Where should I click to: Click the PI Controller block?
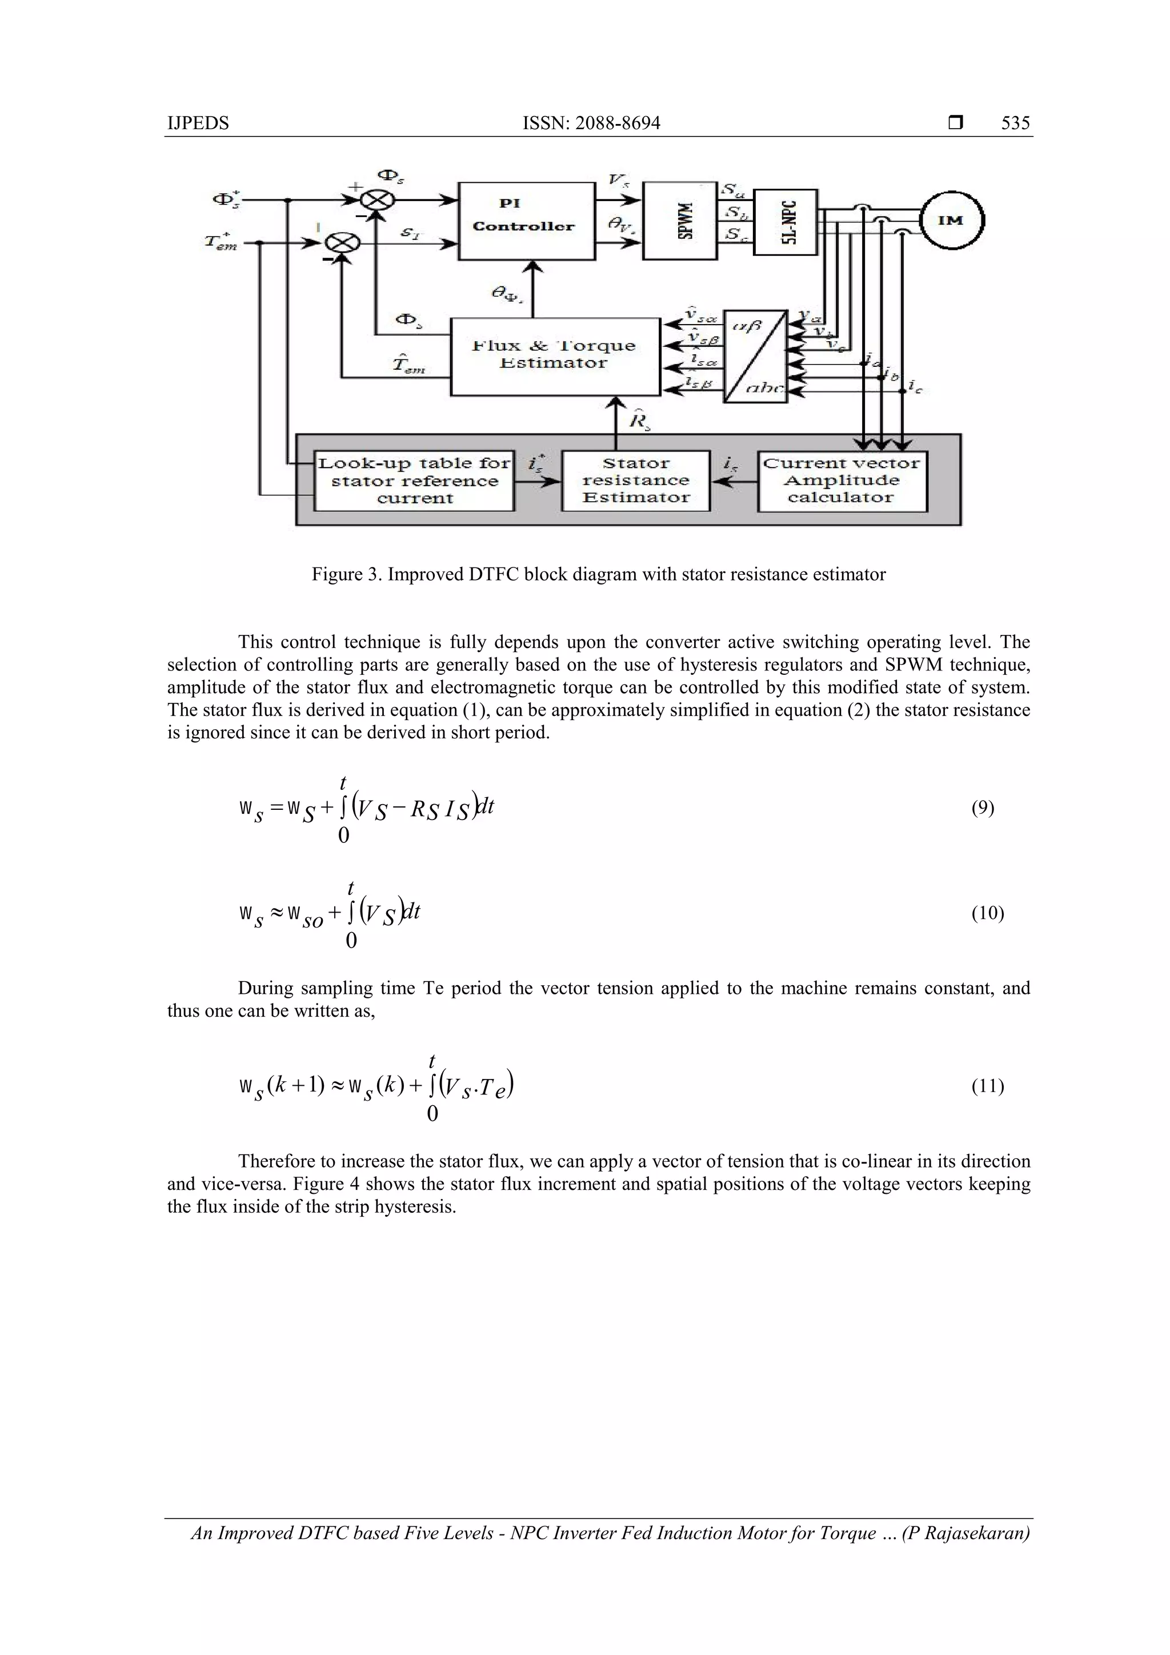tap(527, 221)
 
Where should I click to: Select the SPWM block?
tap(679, 221)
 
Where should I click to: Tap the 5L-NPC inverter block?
tap(786, 222)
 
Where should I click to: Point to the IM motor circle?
tap(951, 221)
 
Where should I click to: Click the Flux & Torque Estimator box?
tap(555, 357)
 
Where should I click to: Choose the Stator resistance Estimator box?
tap(635, 481)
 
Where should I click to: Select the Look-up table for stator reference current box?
tap(414, 481)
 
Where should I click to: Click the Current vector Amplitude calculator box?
tap(842, 481)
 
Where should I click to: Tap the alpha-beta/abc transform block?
tap(755, 357)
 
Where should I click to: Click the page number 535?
tap(1015, 123)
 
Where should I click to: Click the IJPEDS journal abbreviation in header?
tap(198, 123)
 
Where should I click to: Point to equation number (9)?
tap(983, 808)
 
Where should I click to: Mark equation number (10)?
tap(987, 913)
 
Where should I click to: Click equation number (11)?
tap(987, 1086)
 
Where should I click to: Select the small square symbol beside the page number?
tap(955, 123)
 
